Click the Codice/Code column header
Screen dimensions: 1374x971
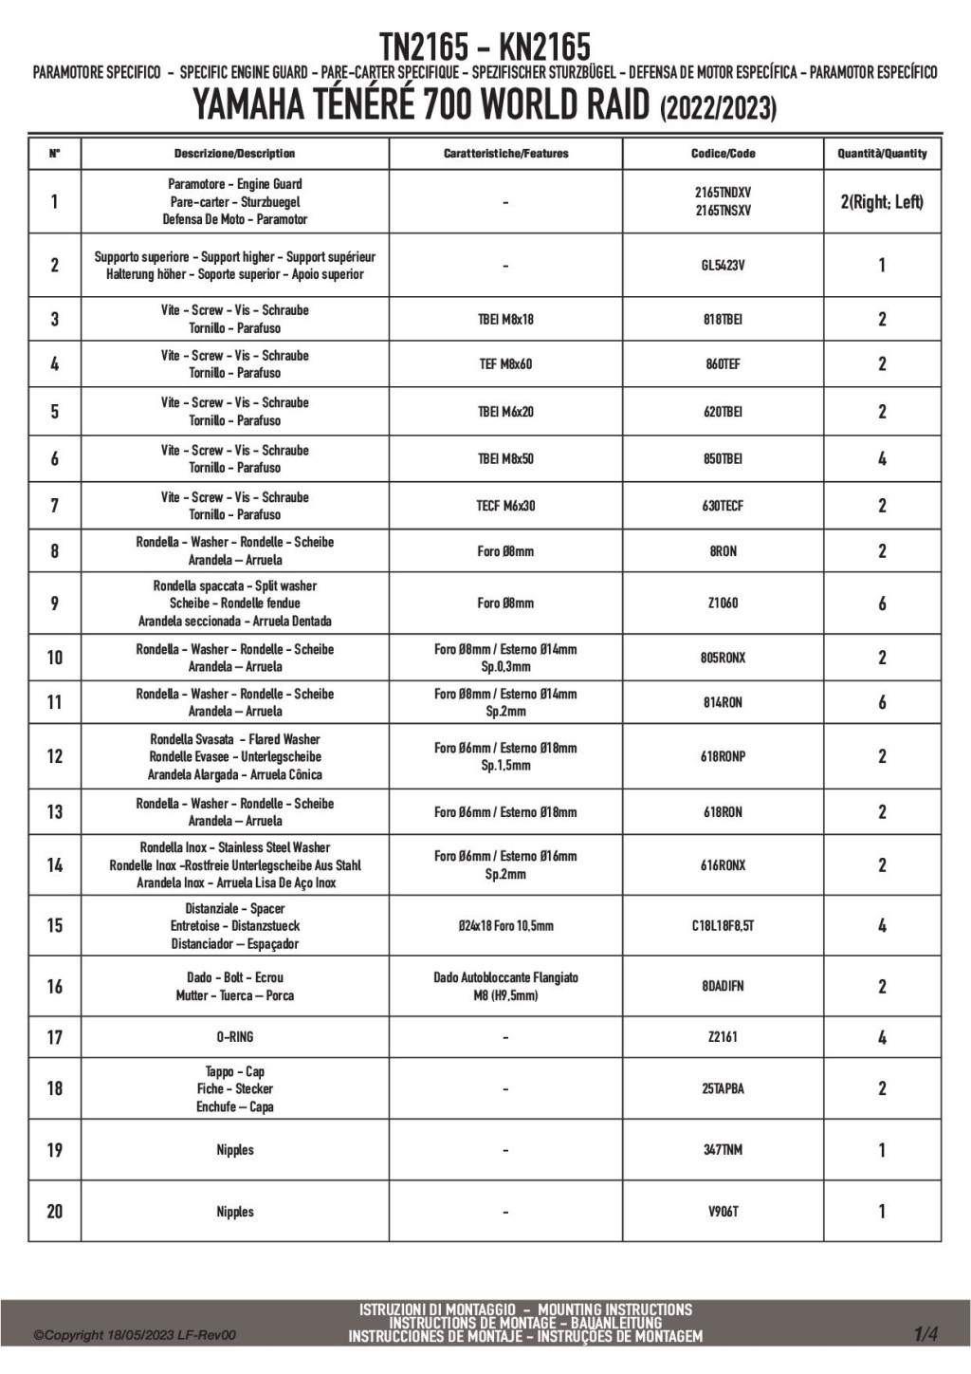pos(723,154)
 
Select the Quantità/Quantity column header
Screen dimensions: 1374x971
pos(882,154)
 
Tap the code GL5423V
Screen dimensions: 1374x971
pos(723,266)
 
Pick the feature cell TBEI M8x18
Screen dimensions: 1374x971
pos(505,320)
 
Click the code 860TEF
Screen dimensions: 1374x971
pos(723,364)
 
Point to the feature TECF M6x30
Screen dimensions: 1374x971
pos(505,506)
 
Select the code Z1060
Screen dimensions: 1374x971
pos(723,603)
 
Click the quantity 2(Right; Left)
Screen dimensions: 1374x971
pos(882,202)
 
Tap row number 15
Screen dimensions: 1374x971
pos(55,925)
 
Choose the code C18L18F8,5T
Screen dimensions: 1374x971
pos(723,926)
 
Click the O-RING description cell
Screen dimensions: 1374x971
pos(234,1037)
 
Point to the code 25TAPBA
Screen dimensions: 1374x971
pos(723,1089)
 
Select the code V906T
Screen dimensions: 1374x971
pos(723,1212)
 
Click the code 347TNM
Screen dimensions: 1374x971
pos(723,1150)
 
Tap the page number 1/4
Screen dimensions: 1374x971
pos(925,1334)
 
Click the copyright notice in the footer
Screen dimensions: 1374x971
pos(135,1335)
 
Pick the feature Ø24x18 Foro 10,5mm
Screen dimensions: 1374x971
pos(505,926)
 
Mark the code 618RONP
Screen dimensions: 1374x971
pos(723,757)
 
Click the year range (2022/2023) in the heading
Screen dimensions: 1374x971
pos(718,108)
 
